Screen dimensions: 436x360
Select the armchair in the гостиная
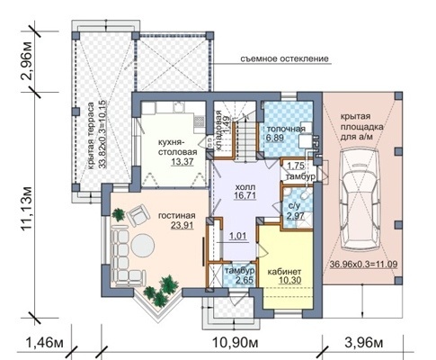(x=138, y=215)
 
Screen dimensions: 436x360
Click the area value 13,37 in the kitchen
(x=182, y=162)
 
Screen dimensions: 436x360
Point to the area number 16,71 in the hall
(x=245, y=195)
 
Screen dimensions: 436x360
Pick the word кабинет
(x=284, y=272)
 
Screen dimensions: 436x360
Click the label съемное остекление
(x=284, y=58)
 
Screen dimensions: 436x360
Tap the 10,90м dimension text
(x=236, y=342)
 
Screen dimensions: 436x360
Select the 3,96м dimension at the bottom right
(x=364, y=342)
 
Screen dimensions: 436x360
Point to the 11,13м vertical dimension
(x=27, y=209)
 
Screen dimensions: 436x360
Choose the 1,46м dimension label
(x=45, y=342)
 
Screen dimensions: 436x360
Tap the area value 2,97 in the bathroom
(x=296, y=216)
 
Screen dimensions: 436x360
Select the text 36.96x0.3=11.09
(x=364, y=265)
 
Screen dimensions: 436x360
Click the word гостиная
(x=177, y=216)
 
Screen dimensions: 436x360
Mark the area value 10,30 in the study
(x=289, y=280)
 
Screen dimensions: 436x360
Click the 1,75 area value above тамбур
(x=296, y=166)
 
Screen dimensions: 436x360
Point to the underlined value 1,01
(x=238, y=236)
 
